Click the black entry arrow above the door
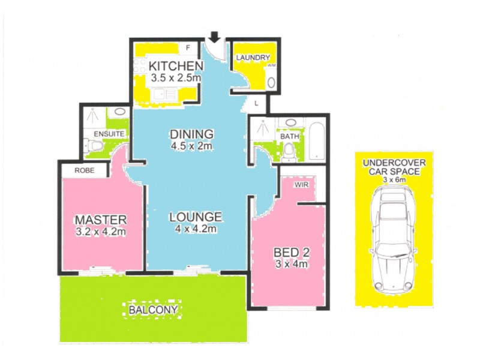[215, 38]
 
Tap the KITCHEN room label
[174, 65]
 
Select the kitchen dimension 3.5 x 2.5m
[174, 77]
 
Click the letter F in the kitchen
[187, 47]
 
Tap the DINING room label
[191, 134]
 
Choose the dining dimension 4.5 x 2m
[191, 146]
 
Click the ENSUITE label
[109, 133]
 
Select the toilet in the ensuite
[90, 146]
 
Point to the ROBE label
[84, 170]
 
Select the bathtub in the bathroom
[316, 142]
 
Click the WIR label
[301, 185]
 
